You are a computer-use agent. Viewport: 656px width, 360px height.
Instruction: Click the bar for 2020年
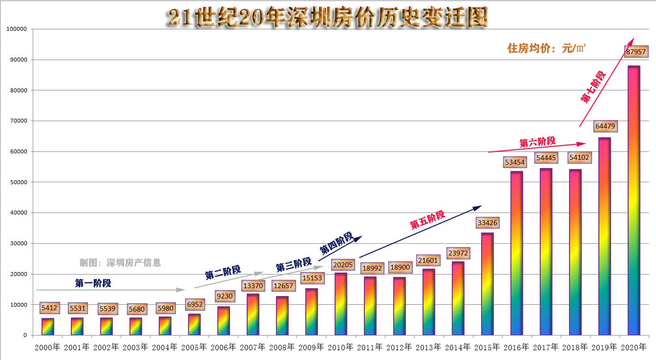[x=634, y=200]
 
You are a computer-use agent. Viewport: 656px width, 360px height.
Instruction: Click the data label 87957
[x=635, y=51]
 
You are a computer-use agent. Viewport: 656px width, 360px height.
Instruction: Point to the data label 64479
[x=605, y=126]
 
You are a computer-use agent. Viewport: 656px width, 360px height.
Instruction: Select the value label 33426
[x=487, y=223]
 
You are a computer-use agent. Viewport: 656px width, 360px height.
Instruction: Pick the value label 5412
[x=49, y=308]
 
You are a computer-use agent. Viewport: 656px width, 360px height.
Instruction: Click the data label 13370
[x=253, y=286]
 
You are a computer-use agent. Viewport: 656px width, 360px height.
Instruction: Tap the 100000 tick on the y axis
[x=17, y=29]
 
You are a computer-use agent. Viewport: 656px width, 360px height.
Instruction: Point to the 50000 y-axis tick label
[x=18, y=182]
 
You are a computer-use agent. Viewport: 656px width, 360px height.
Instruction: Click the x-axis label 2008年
[x=282, y=347]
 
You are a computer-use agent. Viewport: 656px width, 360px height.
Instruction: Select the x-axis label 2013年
[x=428, y=347]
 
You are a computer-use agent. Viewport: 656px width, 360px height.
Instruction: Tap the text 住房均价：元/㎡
[x=547, y=48]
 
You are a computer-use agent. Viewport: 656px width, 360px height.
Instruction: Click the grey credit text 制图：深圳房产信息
[x=120, y=263]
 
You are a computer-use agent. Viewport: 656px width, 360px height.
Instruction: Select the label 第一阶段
[x=93, y=283]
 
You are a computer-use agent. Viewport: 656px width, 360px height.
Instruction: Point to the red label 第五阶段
[x=427, y=220]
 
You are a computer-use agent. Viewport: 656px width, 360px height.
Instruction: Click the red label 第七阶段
[x=593, y=87]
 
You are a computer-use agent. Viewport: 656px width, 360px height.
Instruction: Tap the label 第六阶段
[x=537, y=142]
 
